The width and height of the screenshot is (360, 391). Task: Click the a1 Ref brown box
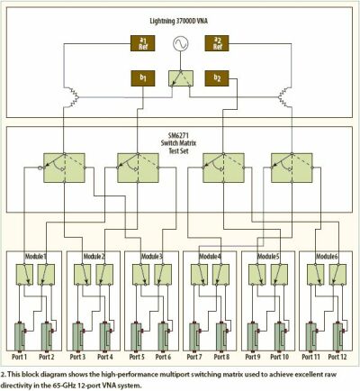coord(142,43)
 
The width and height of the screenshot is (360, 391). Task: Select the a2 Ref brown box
coord(217,43)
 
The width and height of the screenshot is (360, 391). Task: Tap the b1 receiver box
coord(143,78)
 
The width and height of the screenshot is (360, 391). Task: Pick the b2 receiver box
coord(217,78)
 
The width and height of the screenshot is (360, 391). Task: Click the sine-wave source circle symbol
coord(181,43)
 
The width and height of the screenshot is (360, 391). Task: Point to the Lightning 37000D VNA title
coord(178,21)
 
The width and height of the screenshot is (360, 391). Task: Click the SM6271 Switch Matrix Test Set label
coord(178,143)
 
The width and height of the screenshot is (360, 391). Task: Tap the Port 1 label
coord(19,357)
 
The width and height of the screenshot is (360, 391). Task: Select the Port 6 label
coord(163,357)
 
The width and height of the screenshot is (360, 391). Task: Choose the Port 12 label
coord(337,357)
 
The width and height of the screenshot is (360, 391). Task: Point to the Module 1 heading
coord(36,256)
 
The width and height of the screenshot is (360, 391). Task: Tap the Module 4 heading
coord(210,256)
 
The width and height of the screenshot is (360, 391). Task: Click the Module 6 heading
coord(327,256)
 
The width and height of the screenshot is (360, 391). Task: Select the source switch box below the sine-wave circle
coord(181,78)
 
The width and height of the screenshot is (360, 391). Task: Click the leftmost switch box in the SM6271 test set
coord(64,168)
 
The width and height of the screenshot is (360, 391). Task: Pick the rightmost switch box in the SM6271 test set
coord(292,168)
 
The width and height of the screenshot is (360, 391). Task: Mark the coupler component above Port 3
coord(77,337)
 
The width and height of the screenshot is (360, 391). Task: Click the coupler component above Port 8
coord(221,337)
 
